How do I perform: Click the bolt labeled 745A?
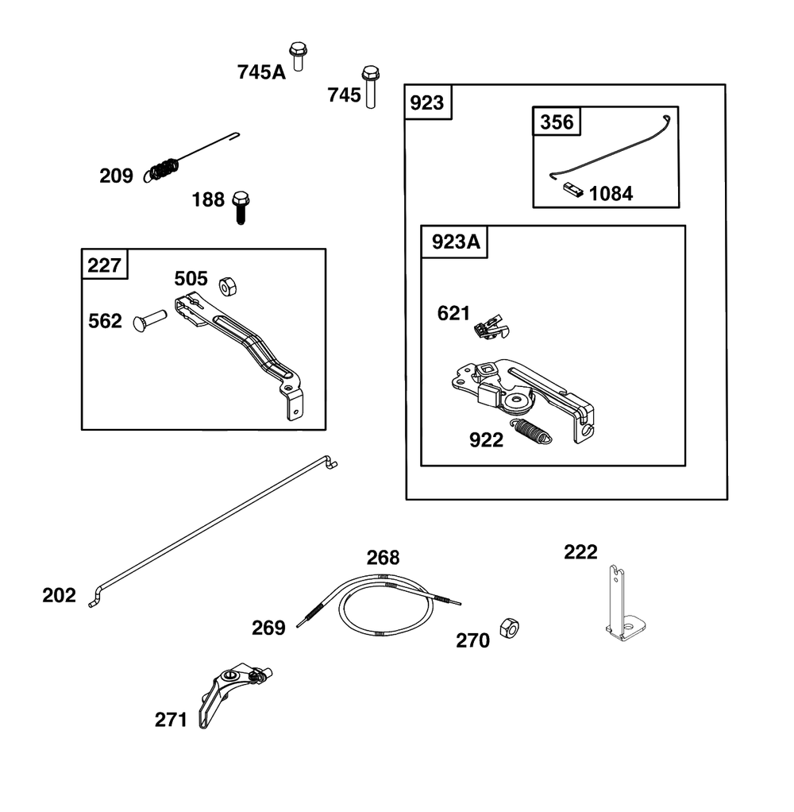coord(298,56)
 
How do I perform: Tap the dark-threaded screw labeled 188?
coord(240,207)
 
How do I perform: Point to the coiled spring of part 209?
coord(164,169)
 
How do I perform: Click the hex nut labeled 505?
coord(228,286)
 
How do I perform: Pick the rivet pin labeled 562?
coord(150,319)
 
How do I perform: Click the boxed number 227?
coord(104,265)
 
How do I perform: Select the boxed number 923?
coord(427,102)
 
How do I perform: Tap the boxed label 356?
coord(557,122)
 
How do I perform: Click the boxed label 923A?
coord(456,242)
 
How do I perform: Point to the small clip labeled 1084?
coord(573,190)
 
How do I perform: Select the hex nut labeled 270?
coord(509,628)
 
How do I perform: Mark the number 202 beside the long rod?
coord(59,596)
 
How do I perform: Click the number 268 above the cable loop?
coord(383,558)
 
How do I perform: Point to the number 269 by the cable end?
coord(268,628)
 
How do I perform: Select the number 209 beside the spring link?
coord(116,176)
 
